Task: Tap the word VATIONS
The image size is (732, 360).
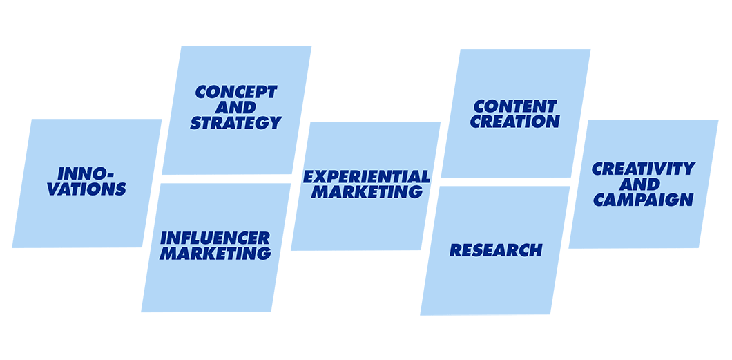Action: pyautogui.click(x=86, y=188)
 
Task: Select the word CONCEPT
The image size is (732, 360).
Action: pyautogui.click(x=236, y=92)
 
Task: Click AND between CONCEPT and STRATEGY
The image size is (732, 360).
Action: pyautogui.click(x=235, y=107)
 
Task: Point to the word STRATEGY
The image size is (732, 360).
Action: pyautogui.click(x=235, y=122)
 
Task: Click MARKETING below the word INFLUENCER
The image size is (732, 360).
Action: pyautogui.click(x=215, y=254)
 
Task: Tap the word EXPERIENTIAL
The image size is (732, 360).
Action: pyautogui.click(x=366, y=176)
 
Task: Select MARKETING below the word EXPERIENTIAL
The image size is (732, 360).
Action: pyautogui.click(x=366, y=191)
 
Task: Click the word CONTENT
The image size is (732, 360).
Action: pyautogui.click(x=515, y=106)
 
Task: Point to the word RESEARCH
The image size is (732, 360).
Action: pyautogui.click(x=496, y=250)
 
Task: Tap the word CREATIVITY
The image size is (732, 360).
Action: pyautogui.click(x=644, y=169)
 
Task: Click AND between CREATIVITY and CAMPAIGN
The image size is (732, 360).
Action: pyautogui.click(x=644, y=184)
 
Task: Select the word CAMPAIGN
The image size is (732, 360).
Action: pyautogui.click(x=644, y=199)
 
